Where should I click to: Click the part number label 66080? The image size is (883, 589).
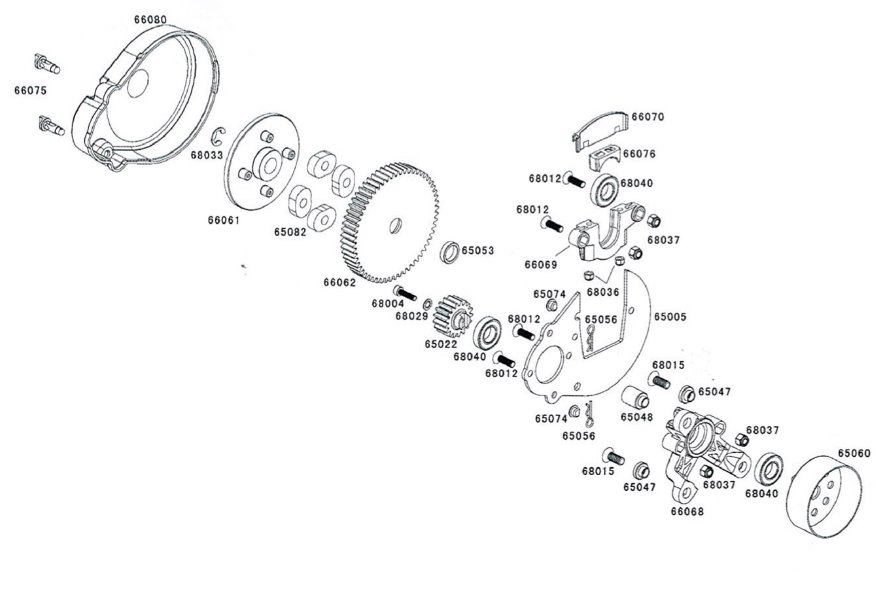click(150, 20)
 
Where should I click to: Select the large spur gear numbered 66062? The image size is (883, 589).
click(389, 222)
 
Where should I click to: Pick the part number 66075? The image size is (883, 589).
click(30, 90)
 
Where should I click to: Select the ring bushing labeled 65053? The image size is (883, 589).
click(449, 253)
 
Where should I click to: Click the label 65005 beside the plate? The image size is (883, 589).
click(670, 317)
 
